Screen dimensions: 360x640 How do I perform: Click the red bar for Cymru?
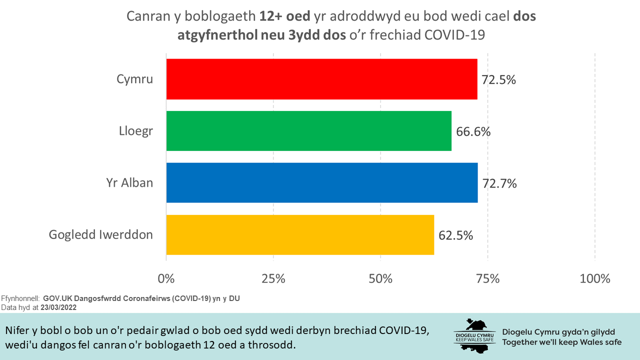(x=321, y=79)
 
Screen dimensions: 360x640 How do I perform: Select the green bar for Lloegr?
(x=308, y=131)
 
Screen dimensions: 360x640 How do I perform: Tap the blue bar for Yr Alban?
(x=321, y=182)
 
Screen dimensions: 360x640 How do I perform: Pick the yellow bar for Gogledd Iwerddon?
(x=300, y=234)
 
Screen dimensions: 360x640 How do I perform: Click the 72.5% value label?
(x=498, y=80)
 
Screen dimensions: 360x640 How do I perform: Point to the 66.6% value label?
(x=473, y=132)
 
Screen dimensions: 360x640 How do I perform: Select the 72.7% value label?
(x=499, y=183)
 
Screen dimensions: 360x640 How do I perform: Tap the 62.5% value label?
(x=455, y=235)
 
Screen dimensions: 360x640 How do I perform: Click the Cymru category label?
(x=134, y=79)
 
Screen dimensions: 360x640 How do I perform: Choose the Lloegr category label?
(x=135, y=131)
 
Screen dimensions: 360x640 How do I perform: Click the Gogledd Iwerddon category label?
(x=100, y=234)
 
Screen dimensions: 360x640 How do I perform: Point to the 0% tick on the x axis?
(x=166, y=278)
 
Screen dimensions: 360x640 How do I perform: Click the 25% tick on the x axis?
(x=273, y=278)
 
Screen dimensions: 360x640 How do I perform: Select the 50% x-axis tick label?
(x=380, y=278)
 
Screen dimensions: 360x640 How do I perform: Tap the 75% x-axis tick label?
(x=487, y=278)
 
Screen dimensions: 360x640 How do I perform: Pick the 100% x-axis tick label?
(x=594, y=278)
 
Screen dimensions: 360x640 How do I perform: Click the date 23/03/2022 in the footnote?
(x=58, y=307)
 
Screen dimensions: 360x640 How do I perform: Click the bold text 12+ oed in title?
(x=284, y=16)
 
